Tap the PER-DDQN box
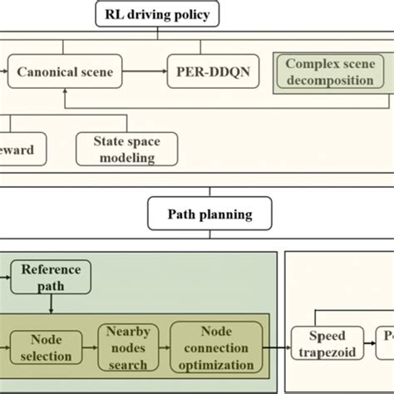pos(212,72)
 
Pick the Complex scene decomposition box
pos(329,71)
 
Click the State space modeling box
pos(121,149)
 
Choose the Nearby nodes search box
pos(127,347)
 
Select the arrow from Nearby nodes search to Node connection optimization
pos(163,347)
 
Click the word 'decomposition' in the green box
pos(329,81)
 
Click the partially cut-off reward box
pos(21,149)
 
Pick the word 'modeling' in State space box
pos(121,157)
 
